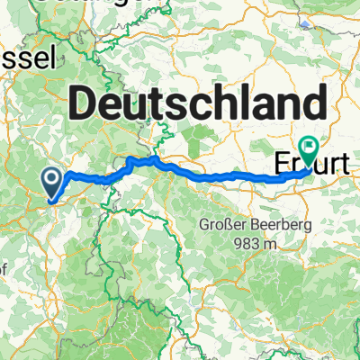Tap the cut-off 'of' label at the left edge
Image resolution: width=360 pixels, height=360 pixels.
pyautogui.click(x=5, y=267)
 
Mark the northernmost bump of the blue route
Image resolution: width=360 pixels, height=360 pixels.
pyautogui.click(x=155, y=158)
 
